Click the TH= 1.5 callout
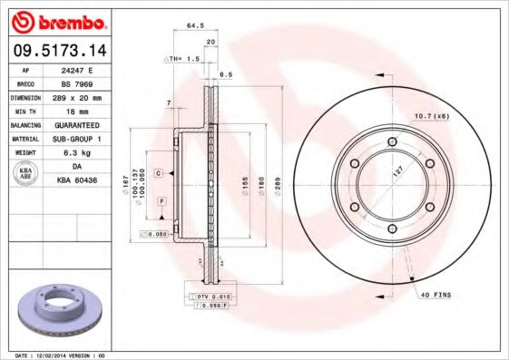click(183, 59)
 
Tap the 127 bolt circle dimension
click(396, 170)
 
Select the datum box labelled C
click(158, 172)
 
